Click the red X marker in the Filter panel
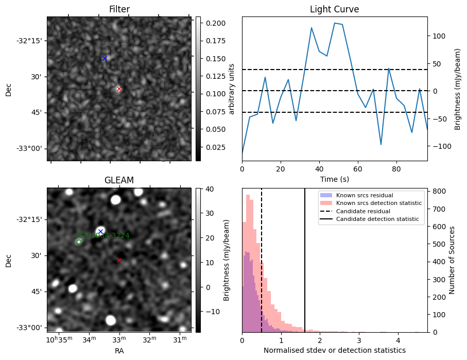click(119, 89)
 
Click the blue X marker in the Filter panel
click(105, 58)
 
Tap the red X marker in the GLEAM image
click(119, 260)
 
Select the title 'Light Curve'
click(334, 9)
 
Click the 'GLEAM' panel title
click(119, 180)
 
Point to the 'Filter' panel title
click(119, 9)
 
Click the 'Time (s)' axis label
click(334, 179)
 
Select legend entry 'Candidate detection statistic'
click(378, 220)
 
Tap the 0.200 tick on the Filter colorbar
click(212, 23)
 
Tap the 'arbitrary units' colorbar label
click(232, 89)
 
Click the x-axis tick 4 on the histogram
click(398, 340)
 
